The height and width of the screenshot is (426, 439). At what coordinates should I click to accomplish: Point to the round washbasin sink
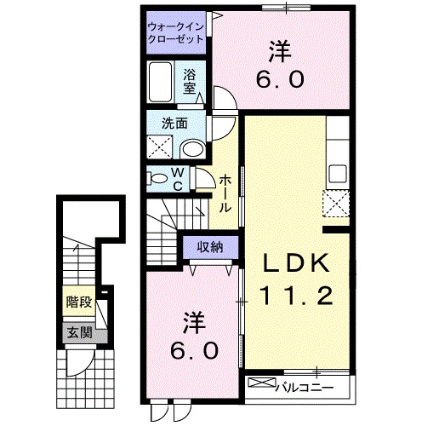[194, 148]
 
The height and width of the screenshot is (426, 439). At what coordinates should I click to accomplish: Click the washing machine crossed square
[159, 147]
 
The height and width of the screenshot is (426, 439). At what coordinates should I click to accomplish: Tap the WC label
[180, 179]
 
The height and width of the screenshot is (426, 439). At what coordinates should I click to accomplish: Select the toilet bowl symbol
[157, 179]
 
